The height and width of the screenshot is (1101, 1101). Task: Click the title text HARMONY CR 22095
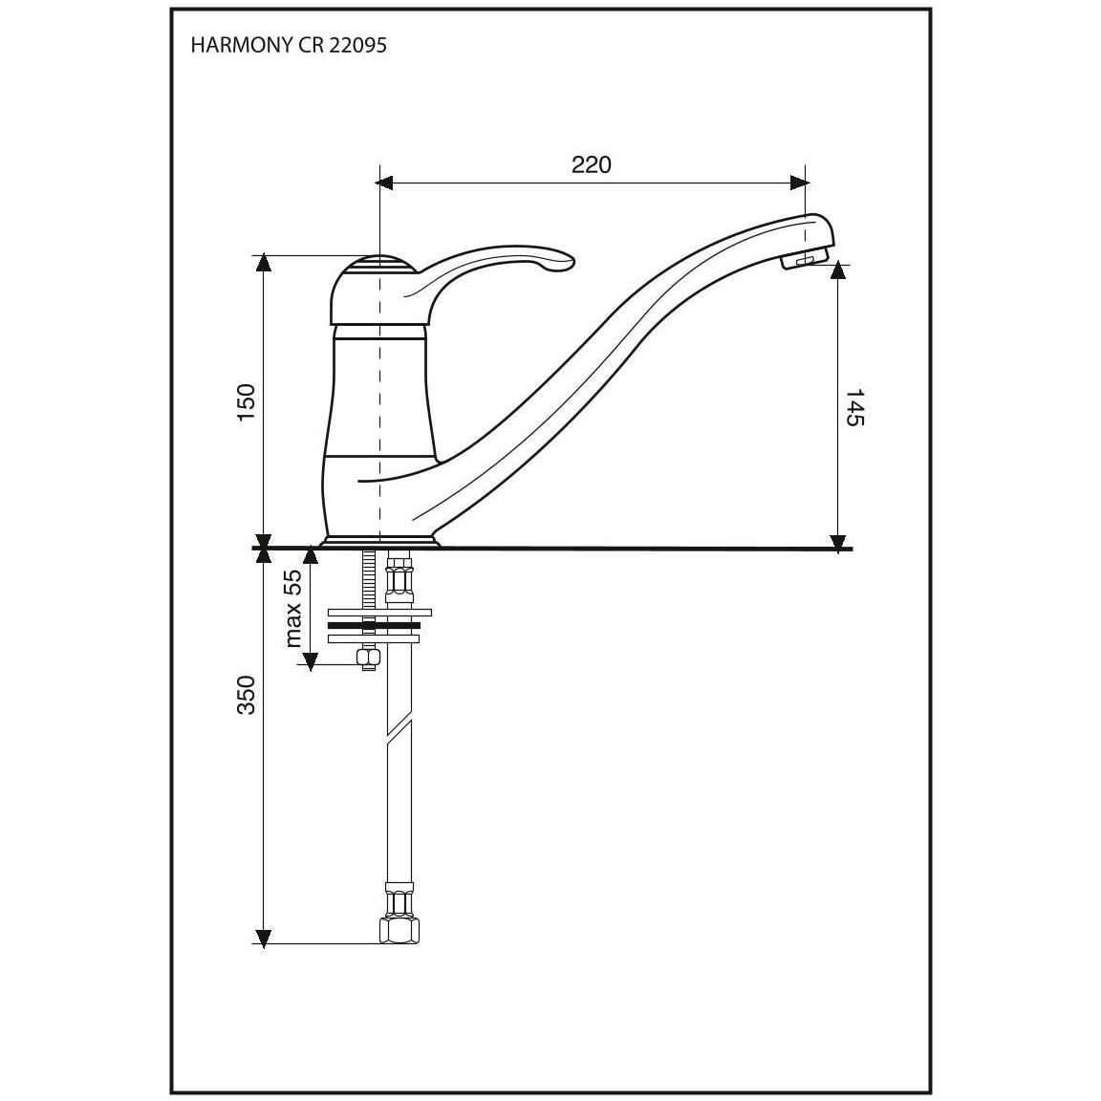[x=289, y=46]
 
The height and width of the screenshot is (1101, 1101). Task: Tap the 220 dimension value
[x=592, y=164]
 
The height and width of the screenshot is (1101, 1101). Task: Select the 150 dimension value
[x=247, y=402]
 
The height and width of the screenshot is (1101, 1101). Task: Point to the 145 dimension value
[x=854, y=407]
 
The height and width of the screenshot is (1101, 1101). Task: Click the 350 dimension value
[x=247, y=695]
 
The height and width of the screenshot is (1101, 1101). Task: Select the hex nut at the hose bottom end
[x=399, y=930]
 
